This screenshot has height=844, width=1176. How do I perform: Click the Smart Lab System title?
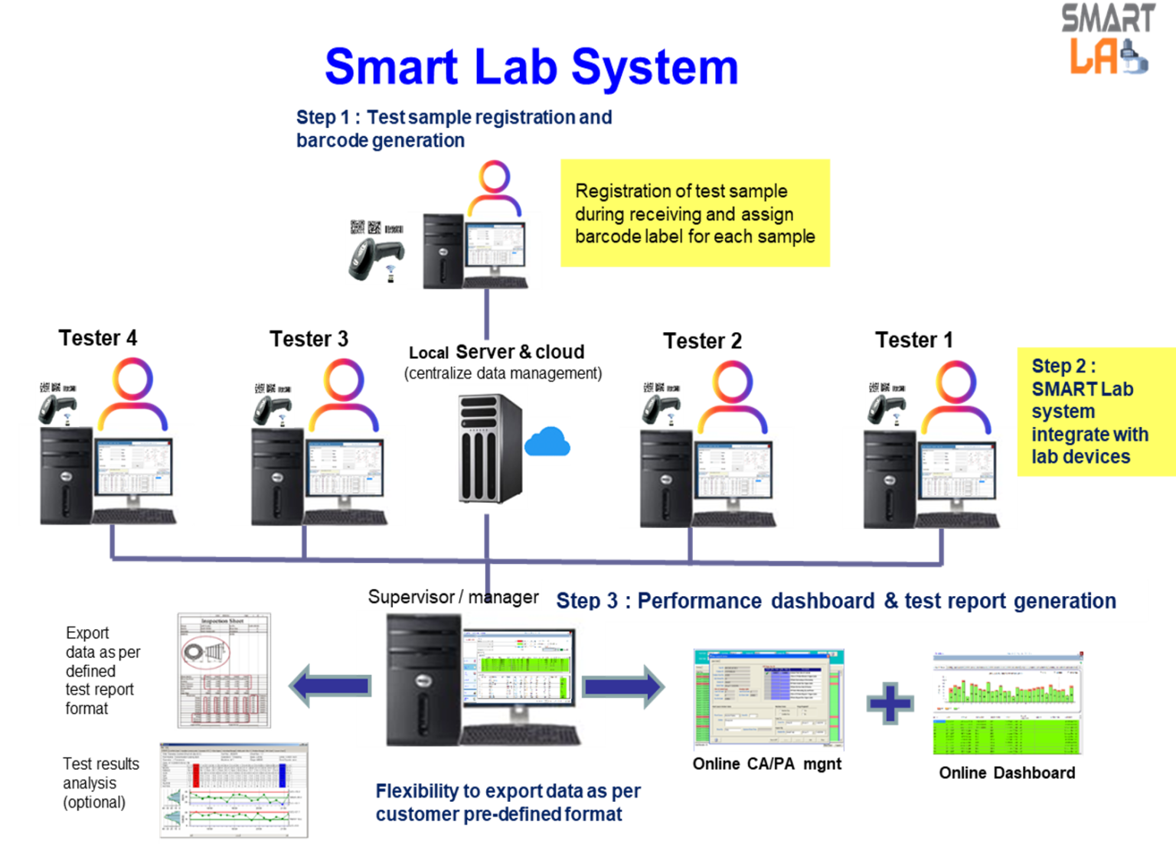tap(531, 67)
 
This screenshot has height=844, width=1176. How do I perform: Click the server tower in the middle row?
tap(488, 448)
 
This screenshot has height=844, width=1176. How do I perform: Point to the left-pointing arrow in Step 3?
tap(329, 685)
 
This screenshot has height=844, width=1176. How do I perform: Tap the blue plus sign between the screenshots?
tap(890, 702)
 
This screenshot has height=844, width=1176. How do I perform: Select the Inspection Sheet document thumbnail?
tap(224, 670)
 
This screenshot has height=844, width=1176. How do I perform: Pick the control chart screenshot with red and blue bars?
tap(234, 792)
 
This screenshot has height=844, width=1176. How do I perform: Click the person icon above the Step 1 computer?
tap(495, 187)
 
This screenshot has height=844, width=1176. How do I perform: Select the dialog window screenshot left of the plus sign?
tap(769, 700)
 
